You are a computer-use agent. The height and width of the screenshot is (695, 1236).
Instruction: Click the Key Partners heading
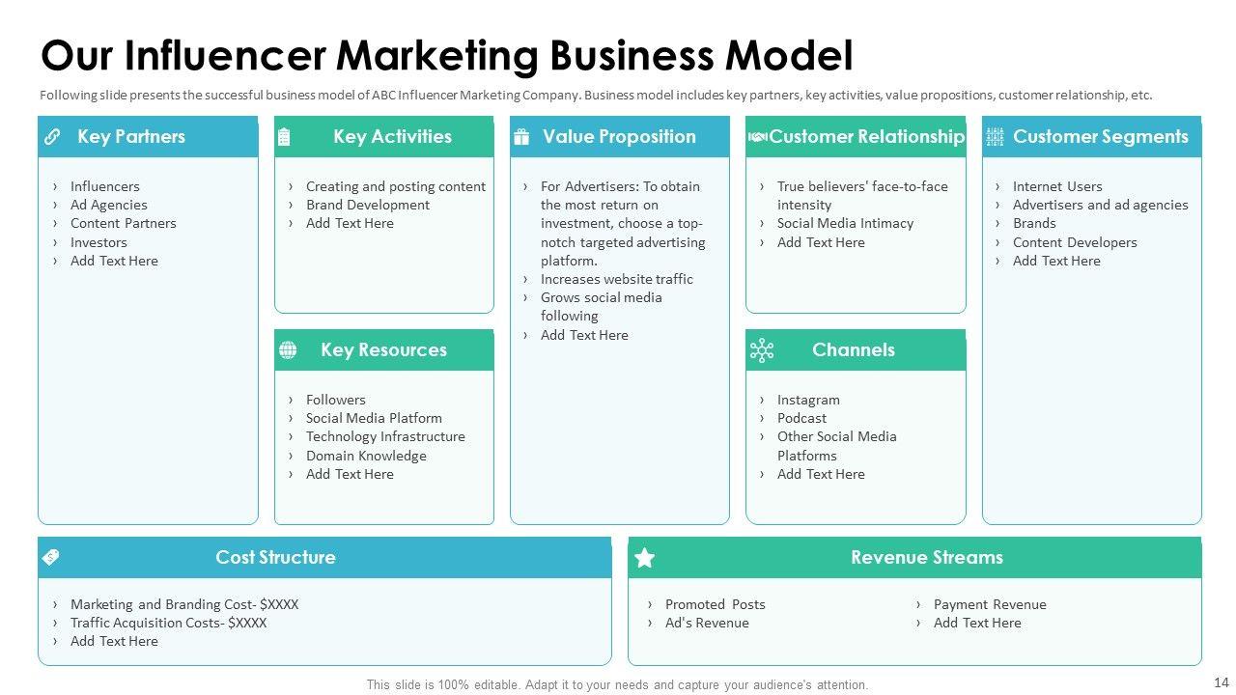[x=130, y=137]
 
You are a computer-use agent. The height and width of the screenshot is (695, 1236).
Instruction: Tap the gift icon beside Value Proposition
[x=521, y=137]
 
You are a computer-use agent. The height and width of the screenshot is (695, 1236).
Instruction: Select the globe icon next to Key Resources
[x=288, y=350]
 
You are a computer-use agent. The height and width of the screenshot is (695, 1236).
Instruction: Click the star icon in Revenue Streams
[x=645, y=558]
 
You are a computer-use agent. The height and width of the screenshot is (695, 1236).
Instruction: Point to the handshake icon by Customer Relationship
[x=758, y=137]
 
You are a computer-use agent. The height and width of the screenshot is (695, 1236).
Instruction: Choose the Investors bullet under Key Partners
[x=98, y=242]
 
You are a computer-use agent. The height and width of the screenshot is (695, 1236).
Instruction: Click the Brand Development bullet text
[x=367, y=205]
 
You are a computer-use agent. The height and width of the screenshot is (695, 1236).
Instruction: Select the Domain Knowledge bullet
[x=366, y=456]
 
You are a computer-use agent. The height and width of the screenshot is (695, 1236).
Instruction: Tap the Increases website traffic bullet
[x=616, y=279]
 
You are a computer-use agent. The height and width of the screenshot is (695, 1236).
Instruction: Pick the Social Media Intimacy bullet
[x=845, y=223]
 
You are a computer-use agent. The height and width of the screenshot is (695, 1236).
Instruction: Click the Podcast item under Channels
[x=801, y=418]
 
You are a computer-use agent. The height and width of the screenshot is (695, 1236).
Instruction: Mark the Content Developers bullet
[x=1075, y=242]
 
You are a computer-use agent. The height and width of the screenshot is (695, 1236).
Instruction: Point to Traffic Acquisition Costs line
[x=168, y=623]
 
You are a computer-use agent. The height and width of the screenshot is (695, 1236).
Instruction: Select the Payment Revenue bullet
[x=990, y=604]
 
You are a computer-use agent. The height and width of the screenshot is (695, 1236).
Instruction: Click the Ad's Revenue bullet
[x=707, y=623]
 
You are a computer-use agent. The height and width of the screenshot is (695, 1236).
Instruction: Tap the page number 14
[x=1221, y=683]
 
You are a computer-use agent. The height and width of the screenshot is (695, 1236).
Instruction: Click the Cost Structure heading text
[x=275, y=558]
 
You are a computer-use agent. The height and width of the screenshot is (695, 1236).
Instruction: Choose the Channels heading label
[x=853, y=350]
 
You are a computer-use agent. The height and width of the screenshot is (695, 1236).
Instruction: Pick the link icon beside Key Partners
[x=52, y=137]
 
